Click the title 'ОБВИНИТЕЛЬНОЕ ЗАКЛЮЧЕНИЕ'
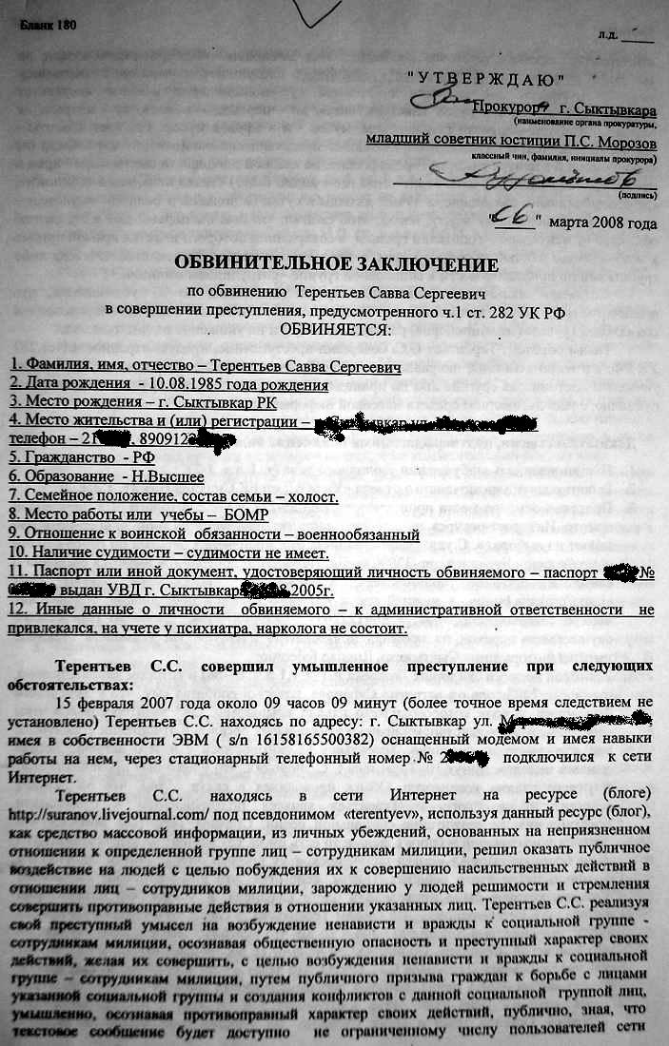[x=335, y=261]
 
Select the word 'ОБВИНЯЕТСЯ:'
[x=334, y=329]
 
